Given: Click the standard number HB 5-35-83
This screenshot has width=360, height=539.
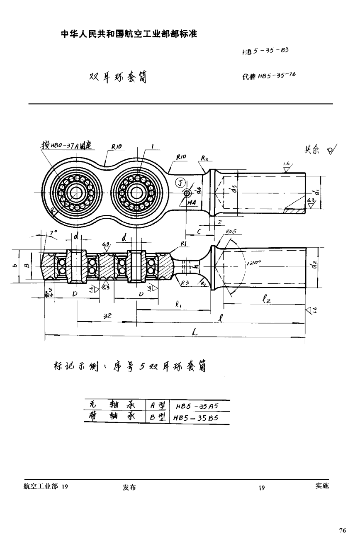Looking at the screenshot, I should (265, 51).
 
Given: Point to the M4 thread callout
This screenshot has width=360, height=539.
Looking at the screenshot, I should (191, 202).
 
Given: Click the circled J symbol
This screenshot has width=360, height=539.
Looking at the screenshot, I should (179, 182).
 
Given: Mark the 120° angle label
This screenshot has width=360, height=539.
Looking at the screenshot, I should (253, 263).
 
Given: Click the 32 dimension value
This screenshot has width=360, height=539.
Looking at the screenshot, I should (107, 316).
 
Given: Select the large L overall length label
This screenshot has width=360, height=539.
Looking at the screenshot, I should (195, 332).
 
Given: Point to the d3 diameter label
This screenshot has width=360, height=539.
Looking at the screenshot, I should (234, 189).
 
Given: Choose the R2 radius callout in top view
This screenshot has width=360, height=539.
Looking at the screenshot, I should (204, 158).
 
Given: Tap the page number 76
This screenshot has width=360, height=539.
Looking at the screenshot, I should (342, 530).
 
